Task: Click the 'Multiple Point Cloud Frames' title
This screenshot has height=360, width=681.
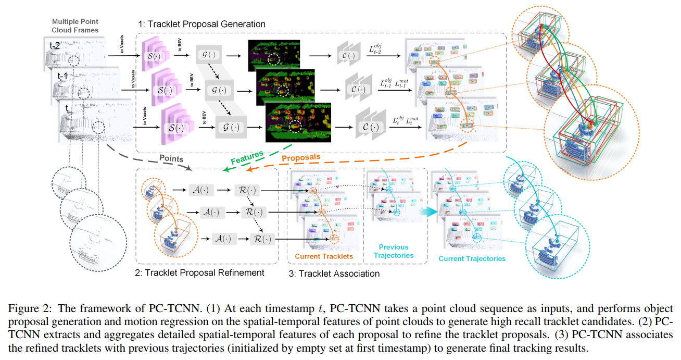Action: point(75,26)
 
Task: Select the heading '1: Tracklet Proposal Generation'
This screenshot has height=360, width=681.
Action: point(201,24)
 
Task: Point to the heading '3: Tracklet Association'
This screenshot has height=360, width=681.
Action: point(334,273)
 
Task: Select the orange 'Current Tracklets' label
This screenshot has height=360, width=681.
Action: point(323,256)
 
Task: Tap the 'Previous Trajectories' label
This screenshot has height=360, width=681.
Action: point(394,251)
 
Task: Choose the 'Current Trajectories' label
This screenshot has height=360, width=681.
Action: point(472,258)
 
